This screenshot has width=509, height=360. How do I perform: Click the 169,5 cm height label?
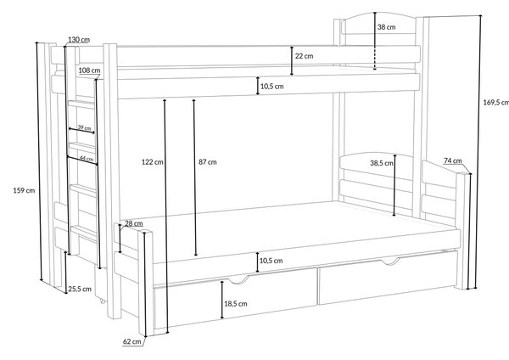(x=496, y=103)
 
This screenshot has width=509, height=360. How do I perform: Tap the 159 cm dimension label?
(x=24, y=190)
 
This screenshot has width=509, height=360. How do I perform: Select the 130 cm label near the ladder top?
(x=79, y=40)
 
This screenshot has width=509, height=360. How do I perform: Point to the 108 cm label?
(x=89, y=70)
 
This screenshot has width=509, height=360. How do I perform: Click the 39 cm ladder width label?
(x=84, y=127)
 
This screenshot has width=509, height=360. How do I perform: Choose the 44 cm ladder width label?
(x=87, y=159)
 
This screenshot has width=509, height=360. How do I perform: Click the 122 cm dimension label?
(x=152, y=162)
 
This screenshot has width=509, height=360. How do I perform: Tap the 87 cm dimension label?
(x=208, y=162)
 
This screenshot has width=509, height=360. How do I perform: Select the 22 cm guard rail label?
(x=305, y=56)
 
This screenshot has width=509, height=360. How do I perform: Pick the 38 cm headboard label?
(x=386, y=27)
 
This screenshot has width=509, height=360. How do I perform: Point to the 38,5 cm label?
(x=382, y=163)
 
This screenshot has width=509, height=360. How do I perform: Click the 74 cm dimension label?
(x=452, y=160)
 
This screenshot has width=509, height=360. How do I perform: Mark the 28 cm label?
(x=134, y=223)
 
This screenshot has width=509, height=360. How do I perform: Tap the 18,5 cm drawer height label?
(x=235, y=304)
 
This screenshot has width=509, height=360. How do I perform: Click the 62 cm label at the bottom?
(x=132, y=341)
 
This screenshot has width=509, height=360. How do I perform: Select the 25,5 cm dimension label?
(x=80, y=289)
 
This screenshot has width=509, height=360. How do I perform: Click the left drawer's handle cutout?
(x=238, y=280)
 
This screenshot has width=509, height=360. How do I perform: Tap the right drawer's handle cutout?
(x=390, y=261)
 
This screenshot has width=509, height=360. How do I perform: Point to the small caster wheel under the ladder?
(x=103, y=301)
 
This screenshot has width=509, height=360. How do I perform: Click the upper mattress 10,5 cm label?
(x=271, y=86)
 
